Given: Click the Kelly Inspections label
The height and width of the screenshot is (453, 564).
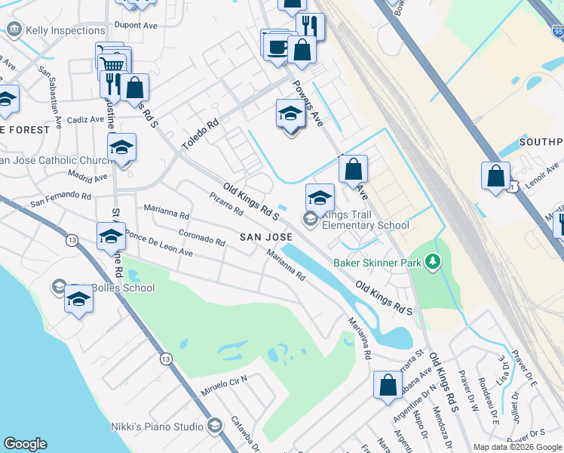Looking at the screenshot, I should click(65, 30).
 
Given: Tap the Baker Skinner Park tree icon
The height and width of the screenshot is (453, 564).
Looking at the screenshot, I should click(432, 262).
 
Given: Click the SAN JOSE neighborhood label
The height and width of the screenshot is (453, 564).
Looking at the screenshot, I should click(266, 237).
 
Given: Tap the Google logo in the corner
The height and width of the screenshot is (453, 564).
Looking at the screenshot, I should click(25, 444).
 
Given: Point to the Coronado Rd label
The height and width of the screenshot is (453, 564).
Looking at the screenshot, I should click(201, 238).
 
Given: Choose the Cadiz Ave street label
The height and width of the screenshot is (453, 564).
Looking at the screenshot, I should click(86, 119).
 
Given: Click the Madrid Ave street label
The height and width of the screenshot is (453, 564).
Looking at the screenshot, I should click(87, 177).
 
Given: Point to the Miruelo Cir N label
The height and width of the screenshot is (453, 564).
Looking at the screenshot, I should click(224, 384).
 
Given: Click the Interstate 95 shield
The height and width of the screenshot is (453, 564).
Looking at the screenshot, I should click(557, 32).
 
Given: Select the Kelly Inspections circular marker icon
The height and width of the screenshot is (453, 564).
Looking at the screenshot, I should click(14, 30).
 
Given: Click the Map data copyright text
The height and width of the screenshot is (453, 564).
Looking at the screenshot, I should click(517, 447).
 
